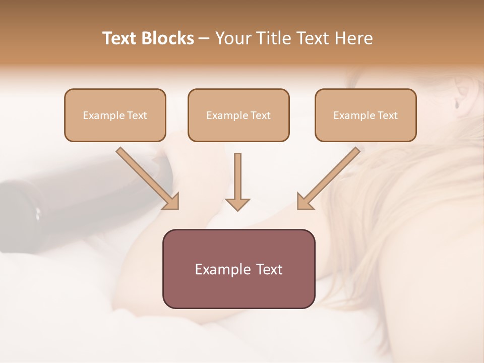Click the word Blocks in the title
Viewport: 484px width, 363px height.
[x=169, y=38]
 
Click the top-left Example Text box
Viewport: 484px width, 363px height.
[x=115, y=115]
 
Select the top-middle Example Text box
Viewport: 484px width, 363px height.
[x=238, y=115]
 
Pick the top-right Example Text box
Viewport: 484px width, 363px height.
[x=366, y=115]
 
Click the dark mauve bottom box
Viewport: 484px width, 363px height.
[x=238, y=269]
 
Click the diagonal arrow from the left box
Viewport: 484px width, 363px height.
[x=146, y=177]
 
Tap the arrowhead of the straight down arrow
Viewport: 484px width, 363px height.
[x=237, y=204]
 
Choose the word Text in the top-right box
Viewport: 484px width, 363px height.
[x=388, y=115]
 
